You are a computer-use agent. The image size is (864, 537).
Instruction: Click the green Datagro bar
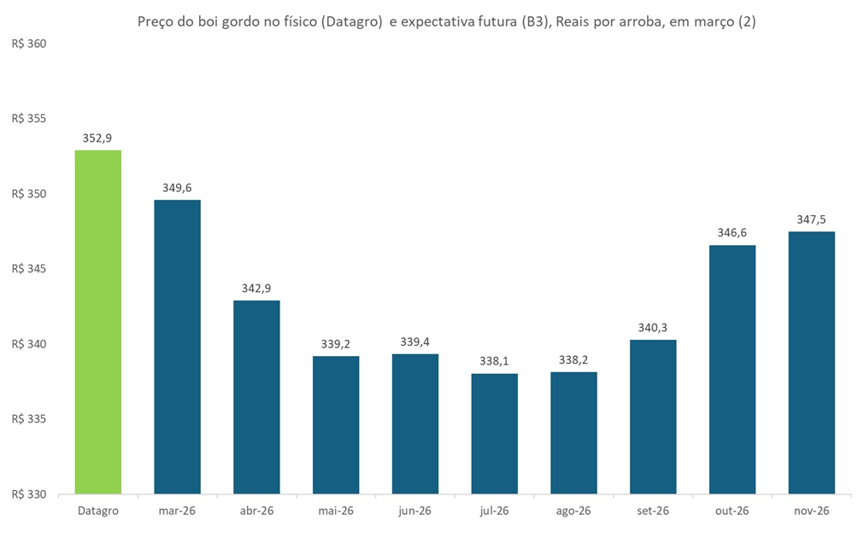coord(98,322)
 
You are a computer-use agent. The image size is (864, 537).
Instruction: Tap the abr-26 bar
coord(256,397)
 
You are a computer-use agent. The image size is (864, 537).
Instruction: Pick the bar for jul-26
coord(494,434)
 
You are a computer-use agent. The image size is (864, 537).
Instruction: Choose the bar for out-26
coord(732,370)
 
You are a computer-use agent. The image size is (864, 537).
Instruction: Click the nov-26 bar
coord(811,363)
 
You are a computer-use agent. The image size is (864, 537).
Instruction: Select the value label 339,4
coord(414,341)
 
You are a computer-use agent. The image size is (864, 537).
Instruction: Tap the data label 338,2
coord(573,359)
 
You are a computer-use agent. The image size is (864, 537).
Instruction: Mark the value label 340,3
coord(653,328)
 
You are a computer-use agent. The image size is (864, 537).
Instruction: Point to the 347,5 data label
coord(811,219)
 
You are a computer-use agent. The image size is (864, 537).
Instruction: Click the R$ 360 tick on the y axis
coord(30,44)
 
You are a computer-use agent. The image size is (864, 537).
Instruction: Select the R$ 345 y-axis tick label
coord(30,269)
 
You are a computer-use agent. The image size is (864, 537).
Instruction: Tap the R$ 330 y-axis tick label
coord(30,494)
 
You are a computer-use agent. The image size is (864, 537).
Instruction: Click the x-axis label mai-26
coord(336,511)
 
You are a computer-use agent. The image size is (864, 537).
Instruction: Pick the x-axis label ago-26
coord(573,511)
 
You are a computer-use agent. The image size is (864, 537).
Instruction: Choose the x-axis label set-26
coord(653,511)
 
